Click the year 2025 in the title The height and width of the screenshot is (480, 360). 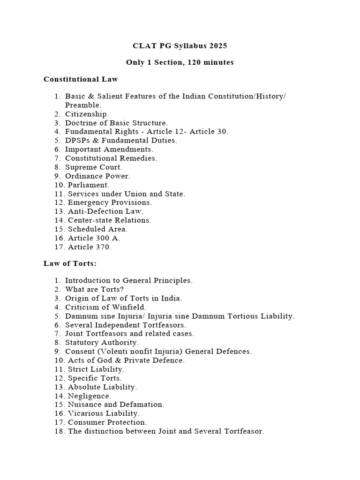click(217, 45)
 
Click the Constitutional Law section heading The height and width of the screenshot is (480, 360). click(81, 79)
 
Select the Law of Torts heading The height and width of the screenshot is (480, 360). click(70, 263)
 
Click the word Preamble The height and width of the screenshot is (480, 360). click(82, 105)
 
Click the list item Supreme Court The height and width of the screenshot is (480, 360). click(93, 167)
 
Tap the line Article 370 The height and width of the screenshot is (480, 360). click(90, 247)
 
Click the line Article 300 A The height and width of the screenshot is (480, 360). click(94, 238)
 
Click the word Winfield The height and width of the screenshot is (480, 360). click(131, 307)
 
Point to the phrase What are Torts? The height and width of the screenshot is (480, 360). click(94, 289)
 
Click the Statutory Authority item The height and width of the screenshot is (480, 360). click(102, 343)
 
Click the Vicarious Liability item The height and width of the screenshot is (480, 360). click(104, 413)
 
